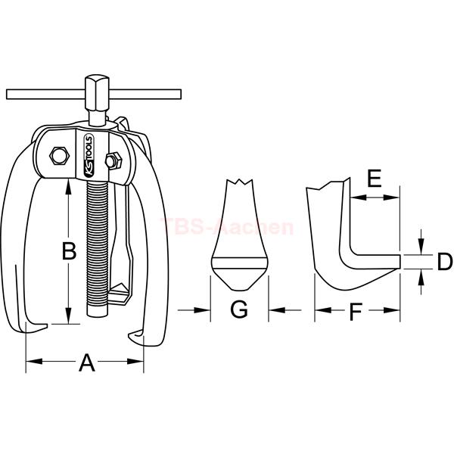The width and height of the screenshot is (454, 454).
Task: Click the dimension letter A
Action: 87,362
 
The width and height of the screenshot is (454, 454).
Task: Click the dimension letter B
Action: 69,250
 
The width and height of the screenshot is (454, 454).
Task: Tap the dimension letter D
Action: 444,262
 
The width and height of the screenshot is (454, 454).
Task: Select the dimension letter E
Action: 375,179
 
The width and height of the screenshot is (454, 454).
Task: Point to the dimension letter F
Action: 356,312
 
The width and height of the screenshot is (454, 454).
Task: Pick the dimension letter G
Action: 239,309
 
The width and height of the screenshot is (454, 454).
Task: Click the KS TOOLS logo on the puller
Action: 88,156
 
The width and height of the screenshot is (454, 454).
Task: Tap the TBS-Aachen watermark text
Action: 227,227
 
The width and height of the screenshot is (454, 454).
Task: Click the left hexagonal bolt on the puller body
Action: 59,155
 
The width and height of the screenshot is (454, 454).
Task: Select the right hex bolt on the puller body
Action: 113,160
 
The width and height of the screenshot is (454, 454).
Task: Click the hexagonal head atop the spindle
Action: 97,86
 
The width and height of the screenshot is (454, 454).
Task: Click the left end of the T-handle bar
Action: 8,95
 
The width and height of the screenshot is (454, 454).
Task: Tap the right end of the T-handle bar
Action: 180,95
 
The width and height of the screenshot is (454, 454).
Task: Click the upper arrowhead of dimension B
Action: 68,188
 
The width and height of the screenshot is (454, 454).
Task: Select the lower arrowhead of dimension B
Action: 68,316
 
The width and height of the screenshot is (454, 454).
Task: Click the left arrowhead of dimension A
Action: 34,362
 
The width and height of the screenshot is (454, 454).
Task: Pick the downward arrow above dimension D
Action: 421,241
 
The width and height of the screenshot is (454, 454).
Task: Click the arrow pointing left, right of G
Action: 285,310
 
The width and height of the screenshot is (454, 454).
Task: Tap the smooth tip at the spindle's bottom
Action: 98,311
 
